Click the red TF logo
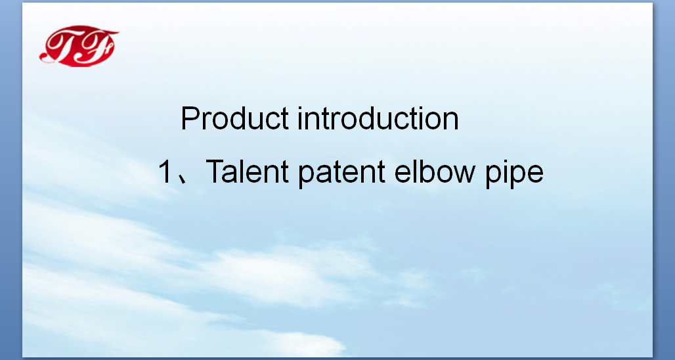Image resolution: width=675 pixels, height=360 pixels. tap(79, 46)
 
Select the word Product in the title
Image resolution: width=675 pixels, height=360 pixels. tap(234, 118)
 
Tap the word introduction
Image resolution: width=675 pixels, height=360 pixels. tap(378, 118)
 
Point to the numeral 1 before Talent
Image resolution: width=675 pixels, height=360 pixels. tap(165, 171)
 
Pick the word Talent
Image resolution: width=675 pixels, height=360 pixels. tap(247, 171)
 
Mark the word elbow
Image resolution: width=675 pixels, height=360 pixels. tap(435, 171)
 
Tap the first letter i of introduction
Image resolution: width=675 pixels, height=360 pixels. tap(299, 118)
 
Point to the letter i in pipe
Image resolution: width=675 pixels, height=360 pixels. tap(504, 171)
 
